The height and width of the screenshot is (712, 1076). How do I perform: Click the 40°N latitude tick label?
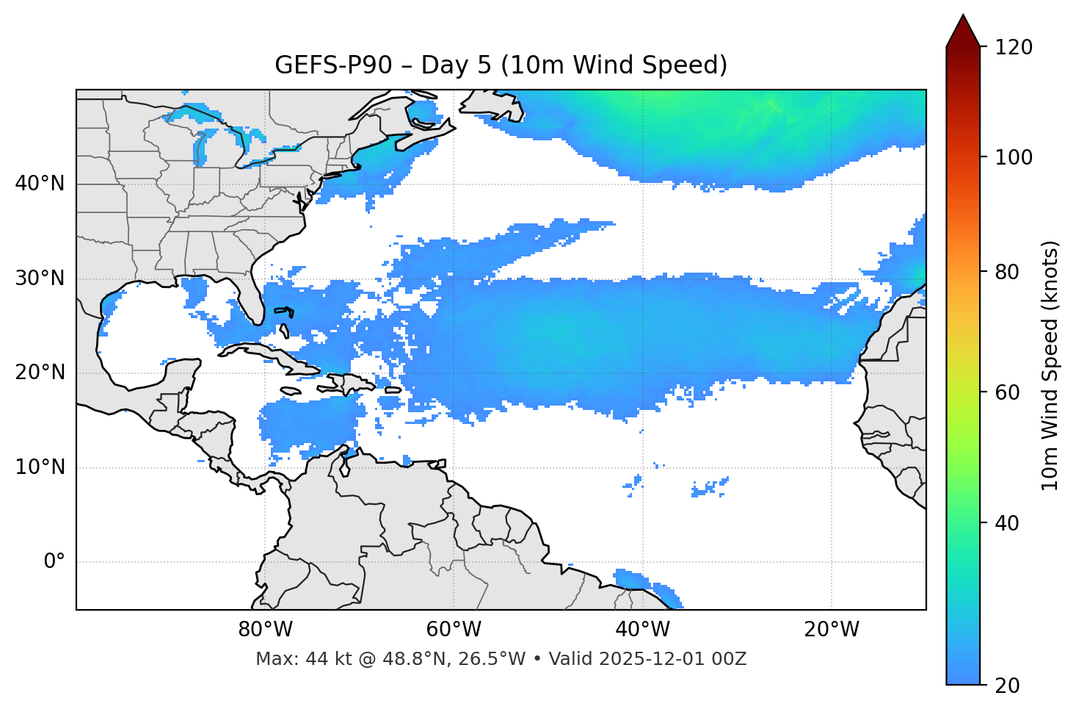coord(40,184)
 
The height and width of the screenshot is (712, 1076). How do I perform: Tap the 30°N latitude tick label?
coord(40,278)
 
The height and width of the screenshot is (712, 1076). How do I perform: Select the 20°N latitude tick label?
coord(40,373)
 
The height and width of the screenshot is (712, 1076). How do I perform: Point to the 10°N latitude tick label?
coord(40,467)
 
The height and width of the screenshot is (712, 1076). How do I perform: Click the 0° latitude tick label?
coord(54,562)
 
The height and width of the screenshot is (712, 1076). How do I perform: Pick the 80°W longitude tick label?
coord(265,630)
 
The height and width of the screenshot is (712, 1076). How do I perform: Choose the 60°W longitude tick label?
coord(454,630)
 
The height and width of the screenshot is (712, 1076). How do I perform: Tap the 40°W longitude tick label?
coord(642,630)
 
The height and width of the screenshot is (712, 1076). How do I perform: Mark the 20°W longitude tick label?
coord(831,630)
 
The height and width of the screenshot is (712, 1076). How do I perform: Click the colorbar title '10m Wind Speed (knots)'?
coord(1050,365)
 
